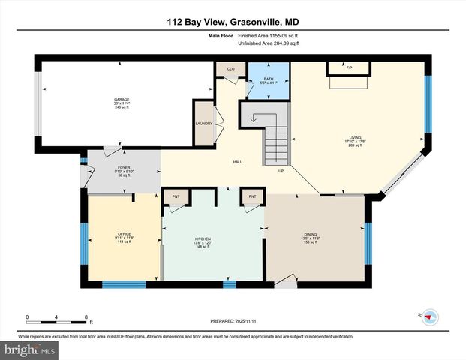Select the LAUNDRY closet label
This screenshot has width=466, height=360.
pos(204,124)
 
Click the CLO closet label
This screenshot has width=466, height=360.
pos(230,69)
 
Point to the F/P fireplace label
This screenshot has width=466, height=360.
pos(349,67)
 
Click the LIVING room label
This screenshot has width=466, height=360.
pos(355,137)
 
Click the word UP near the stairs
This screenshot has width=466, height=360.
pos(281,170)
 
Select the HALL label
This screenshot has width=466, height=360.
pos(236,161)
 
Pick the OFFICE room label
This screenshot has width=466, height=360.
pos(124,234)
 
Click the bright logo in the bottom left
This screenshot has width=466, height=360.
pos(29,349)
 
